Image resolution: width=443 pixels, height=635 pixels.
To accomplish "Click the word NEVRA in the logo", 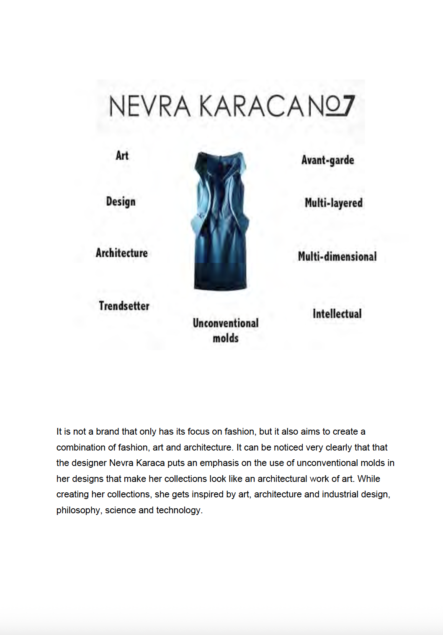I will pos(149,106).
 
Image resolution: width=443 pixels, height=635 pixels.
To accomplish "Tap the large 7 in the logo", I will pos(346,105).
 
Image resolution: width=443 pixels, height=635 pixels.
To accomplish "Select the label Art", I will pos(122,156).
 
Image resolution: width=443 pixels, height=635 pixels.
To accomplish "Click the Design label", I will pos(121,202).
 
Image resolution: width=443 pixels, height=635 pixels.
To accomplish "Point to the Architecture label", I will pos(121,253).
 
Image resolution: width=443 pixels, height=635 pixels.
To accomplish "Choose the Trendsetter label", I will pos(124,306).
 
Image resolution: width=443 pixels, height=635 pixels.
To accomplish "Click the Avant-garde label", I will pos(327,160).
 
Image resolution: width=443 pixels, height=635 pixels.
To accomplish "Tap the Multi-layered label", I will pos(333,203).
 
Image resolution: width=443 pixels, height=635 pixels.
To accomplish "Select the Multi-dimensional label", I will pos(337,256).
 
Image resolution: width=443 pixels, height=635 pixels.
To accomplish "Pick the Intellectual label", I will pos(337,314).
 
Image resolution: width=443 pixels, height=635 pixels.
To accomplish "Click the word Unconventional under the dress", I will pos(226,323).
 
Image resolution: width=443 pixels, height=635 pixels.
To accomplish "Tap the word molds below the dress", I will pos(226,338).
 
